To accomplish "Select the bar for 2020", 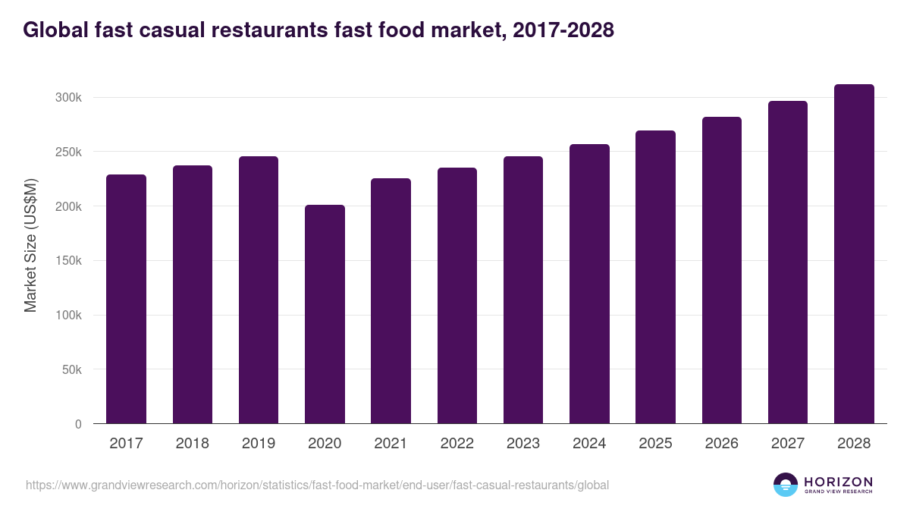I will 325,314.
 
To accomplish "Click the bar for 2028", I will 854,254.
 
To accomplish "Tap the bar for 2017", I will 126,299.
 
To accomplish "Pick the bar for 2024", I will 589,284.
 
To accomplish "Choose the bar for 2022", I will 457,296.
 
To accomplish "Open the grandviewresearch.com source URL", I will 317,485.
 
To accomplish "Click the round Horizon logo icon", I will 786,485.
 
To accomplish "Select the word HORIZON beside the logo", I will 838,481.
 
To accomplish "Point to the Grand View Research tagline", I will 838,492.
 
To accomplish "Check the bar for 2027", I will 788,262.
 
